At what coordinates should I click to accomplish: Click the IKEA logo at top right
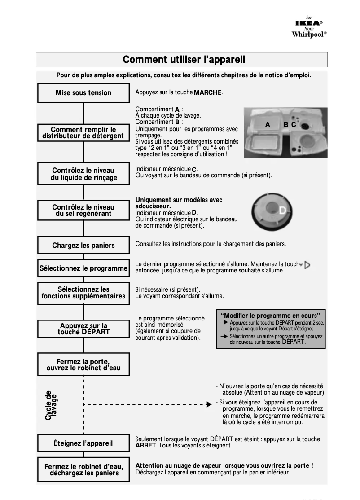click(x=308, y=23)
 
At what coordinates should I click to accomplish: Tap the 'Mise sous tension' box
click(x=83, y=93)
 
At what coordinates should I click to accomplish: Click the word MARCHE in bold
click(x=208, y=93)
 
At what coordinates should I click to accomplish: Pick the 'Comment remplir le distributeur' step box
click(x=83, y=133)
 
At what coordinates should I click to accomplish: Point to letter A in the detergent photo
click(x=268, y=125)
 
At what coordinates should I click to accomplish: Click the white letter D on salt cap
click(x=282, y=211)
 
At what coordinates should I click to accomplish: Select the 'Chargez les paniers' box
click(x=83, y=246)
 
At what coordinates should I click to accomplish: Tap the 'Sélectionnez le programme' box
click(x=83, y=268)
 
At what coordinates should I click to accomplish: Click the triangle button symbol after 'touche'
click(x=307, y=265)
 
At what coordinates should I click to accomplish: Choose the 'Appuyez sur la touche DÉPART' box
click(x=83, y=329)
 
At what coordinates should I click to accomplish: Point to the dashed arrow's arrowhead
click(x=209, y=404)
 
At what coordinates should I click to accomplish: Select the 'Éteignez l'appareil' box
click(x=83, y=443)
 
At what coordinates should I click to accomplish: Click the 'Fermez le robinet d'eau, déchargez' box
click(x=83, y=469)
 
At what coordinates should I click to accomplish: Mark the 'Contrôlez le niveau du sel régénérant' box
click(x=83, y=211)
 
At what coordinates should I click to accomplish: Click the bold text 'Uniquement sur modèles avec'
click(x=179, y=200)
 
